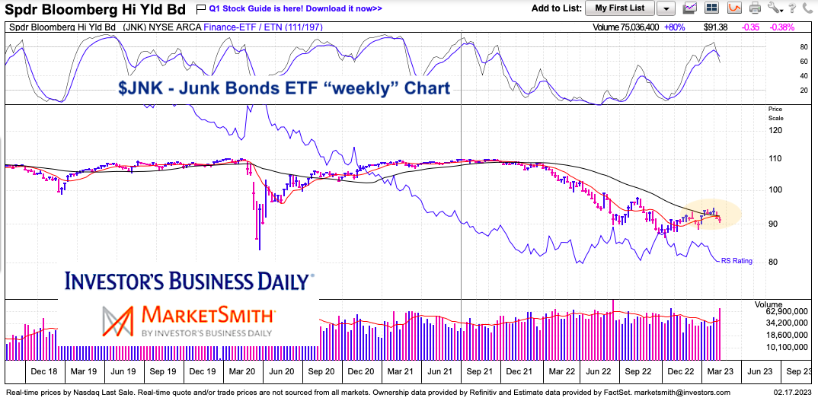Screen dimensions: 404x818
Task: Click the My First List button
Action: click(619, 8)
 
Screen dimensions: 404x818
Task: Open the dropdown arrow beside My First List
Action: click(666, 8)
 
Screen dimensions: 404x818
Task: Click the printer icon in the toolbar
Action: click(755, 8)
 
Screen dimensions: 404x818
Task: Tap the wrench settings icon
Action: click(775, 8)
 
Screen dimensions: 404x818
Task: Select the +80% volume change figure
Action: click(653, 27)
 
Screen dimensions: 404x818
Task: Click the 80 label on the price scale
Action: click(775, 262)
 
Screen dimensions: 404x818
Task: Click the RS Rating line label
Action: click(737, 261)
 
